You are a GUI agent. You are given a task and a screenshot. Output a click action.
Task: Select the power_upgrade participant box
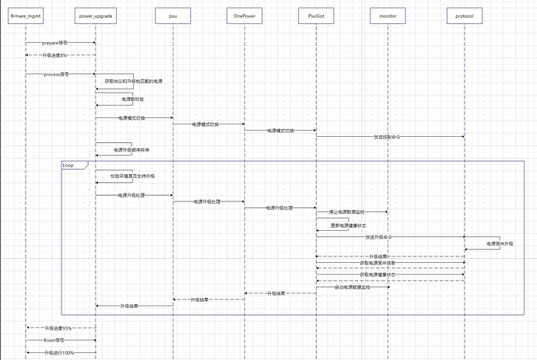click(96, 16)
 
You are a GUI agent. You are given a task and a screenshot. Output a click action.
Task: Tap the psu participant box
click(171, 16)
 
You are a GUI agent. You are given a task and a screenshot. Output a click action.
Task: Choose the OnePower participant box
click(244, 16)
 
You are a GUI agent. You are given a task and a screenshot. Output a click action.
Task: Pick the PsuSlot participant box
click(315, 16)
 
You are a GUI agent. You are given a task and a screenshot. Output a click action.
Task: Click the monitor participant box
click(388, 16)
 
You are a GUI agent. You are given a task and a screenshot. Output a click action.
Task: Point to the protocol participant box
click(465, 16)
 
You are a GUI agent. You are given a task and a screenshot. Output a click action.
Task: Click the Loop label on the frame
click(68, 165)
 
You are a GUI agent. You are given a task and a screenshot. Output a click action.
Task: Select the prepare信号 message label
click(55, 43)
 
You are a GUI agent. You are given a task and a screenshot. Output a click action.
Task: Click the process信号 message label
click(56, 74)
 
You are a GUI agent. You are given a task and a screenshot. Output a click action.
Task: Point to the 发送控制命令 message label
click(388, 137)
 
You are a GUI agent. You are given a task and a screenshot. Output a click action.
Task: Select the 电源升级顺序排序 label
click(132, 149)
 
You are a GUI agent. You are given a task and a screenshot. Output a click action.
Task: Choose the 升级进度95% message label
click(58, 328)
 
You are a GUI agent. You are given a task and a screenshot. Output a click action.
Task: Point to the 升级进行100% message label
click(60, 352)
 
